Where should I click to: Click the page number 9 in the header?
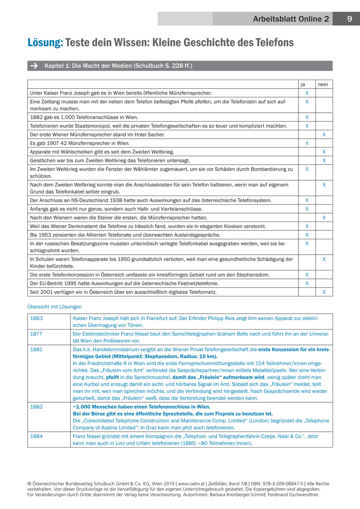pos(349,19)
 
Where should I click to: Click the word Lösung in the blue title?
pos(45,42)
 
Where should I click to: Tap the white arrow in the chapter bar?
pos(34,66)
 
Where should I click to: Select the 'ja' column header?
pos(307,84)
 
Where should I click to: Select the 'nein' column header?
pos(324,84)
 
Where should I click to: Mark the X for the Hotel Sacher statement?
pos(324,134)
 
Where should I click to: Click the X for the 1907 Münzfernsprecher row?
pos(307,143)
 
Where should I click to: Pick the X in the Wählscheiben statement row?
pos(324,152)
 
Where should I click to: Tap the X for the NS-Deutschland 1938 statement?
pos(307,200)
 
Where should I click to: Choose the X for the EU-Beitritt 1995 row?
pos(307,283)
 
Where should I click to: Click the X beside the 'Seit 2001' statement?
pos(324,292)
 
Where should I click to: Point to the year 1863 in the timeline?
pos(36,318)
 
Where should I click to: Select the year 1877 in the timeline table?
pos(36,334)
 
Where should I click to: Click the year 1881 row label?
pos(36,349)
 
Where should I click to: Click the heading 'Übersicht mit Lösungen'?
pos(54,307)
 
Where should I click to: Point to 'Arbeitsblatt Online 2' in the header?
pos(291,19)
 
